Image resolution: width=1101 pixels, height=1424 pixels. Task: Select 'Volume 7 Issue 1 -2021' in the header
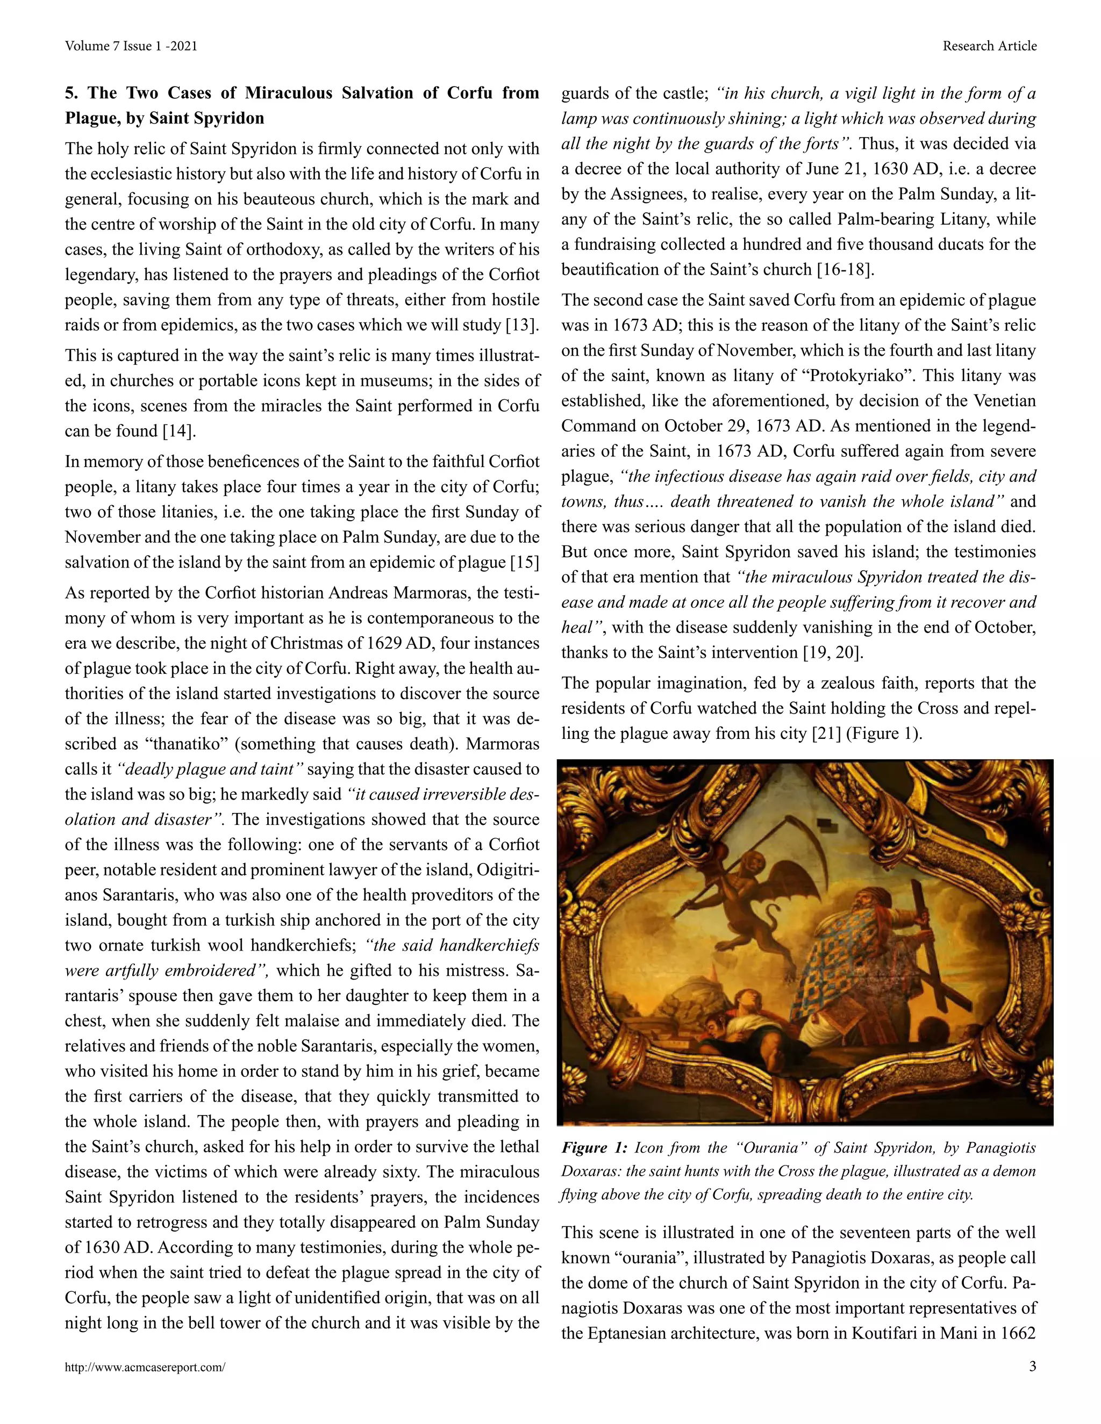131,46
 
